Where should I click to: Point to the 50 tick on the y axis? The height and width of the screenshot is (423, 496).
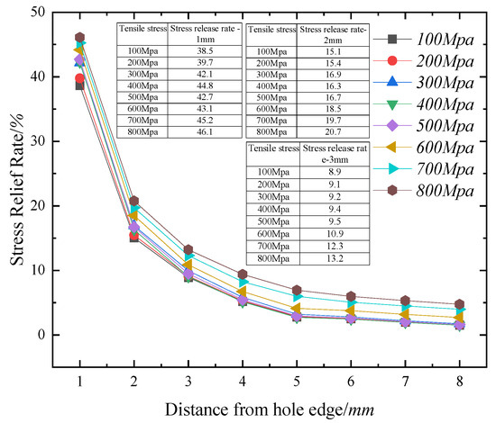(42, 13)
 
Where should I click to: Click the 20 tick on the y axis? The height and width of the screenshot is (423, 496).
(42, 206)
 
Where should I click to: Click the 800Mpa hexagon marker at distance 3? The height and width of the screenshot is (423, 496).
(188, 249)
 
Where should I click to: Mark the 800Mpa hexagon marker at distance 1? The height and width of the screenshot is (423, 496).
(80, 38)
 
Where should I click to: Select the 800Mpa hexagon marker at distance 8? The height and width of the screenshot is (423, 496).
(459, 304)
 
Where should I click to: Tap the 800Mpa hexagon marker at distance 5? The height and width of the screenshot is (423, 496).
(297, 291)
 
